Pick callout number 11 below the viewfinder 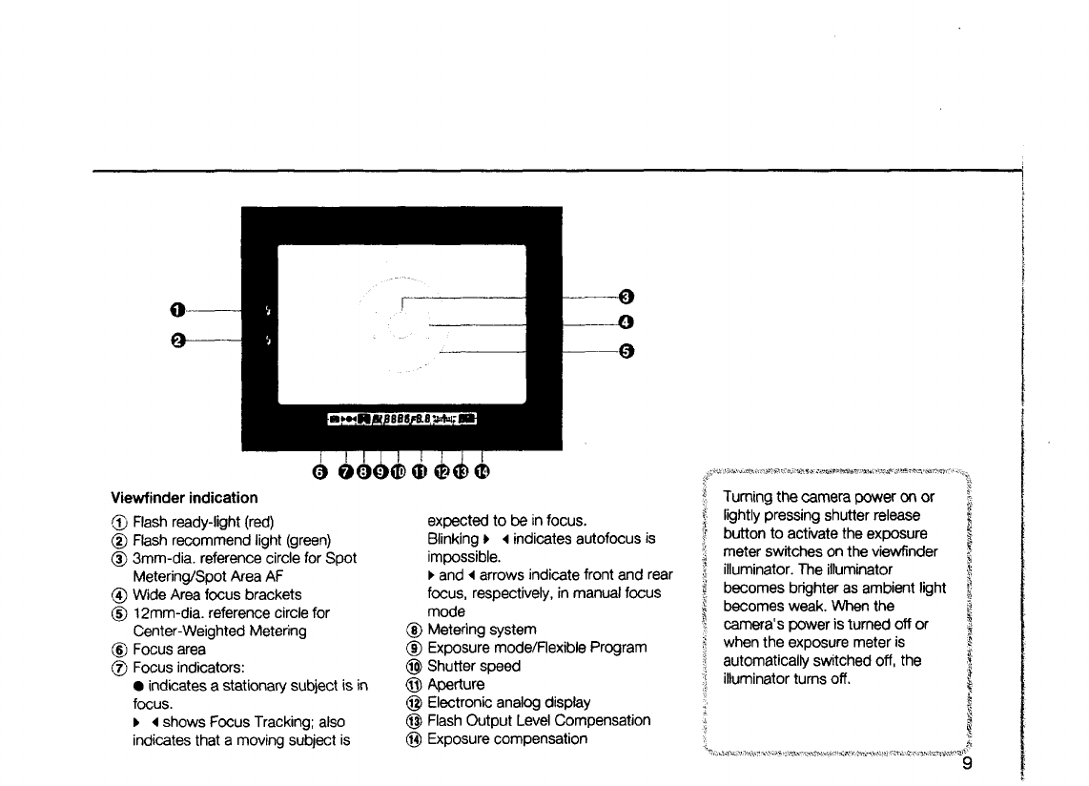(x=419, y=470)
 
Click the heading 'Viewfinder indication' (x=183, y=498)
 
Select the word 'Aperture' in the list (x=456, y=684)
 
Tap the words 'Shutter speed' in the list (x=474, y=666)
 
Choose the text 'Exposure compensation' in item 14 (x=507, y=738)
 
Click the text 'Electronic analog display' (x=509, y=702)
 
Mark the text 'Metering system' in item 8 (x=482, y=630)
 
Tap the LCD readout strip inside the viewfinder (x=401, y=418)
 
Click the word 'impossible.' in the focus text (x=462, y=557)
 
